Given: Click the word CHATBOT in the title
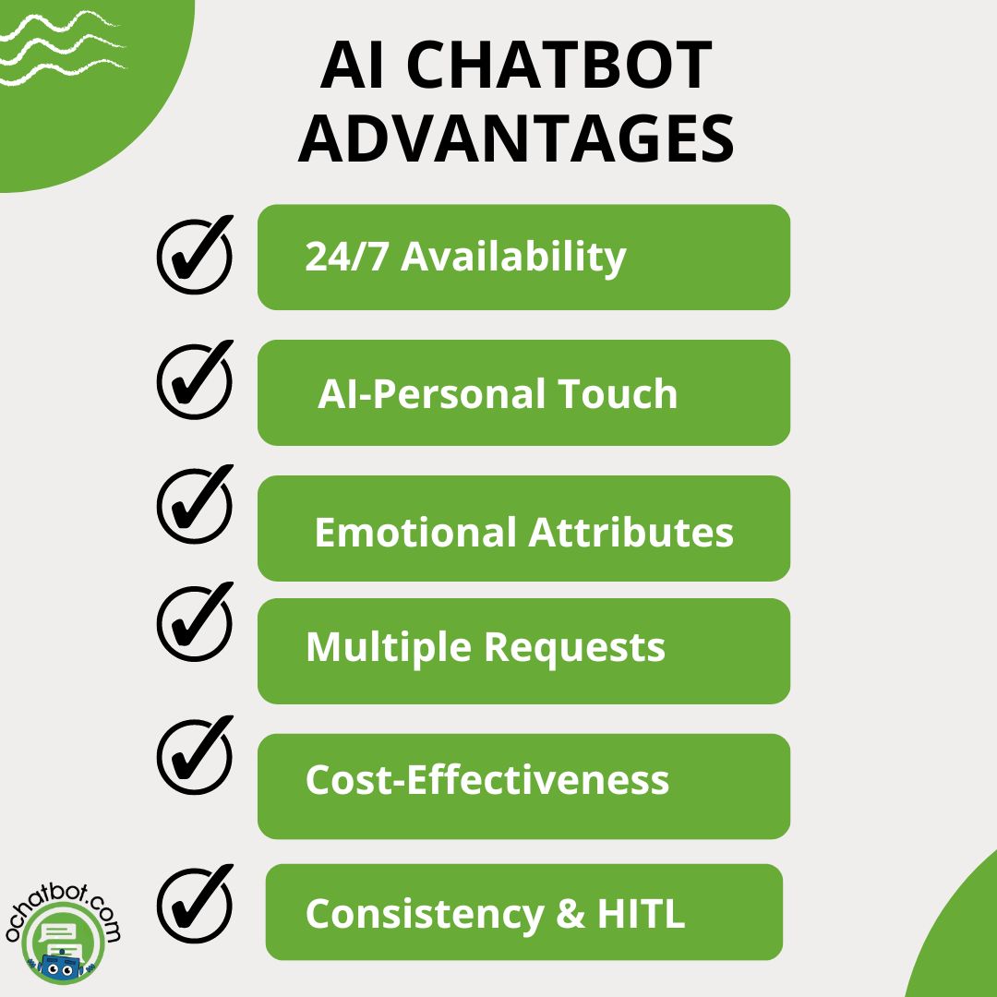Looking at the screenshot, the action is [559, 65].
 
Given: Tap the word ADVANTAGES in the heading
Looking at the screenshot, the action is [516, 138].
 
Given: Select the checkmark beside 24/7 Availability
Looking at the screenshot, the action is [195, 256].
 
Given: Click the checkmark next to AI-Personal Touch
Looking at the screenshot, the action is [195, 380].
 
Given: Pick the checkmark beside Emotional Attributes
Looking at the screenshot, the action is [195, 505].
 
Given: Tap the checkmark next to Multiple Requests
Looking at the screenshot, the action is [195, 622].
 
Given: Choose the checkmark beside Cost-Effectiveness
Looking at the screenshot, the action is [195, 755].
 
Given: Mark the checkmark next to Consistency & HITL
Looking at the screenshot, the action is [195, 904].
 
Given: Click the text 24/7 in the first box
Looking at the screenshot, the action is [346, 257].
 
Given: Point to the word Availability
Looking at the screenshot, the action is [514, 258].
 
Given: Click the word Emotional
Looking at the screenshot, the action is [415, 533].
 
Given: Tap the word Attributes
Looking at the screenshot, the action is [631, 533].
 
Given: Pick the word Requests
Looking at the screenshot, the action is [575, 649].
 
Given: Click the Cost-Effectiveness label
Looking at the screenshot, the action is [487, 779].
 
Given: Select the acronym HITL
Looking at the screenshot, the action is [641, 914].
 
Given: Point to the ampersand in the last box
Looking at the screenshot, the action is [571, 914].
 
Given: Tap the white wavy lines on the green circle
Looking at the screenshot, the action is [62, 48].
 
